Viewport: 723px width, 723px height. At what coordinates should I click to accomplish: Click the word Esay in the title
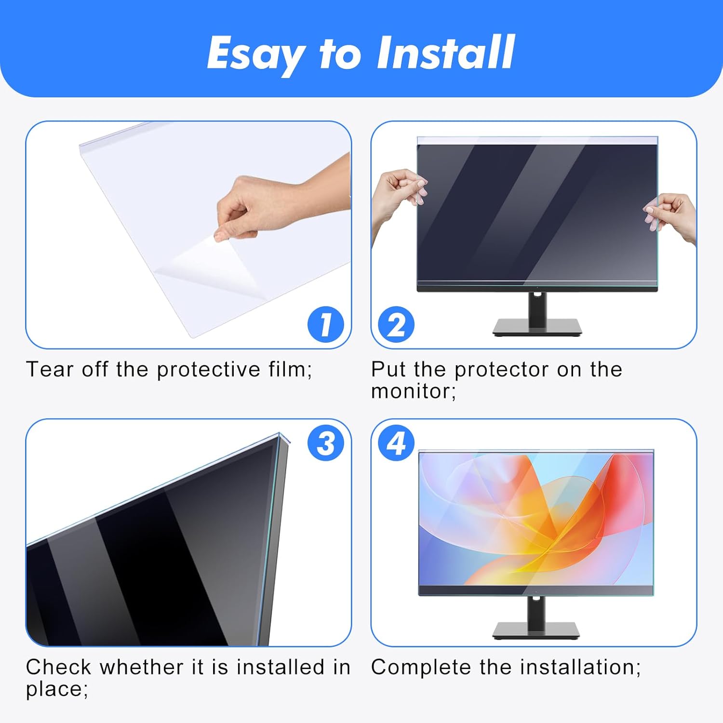pos(255,54)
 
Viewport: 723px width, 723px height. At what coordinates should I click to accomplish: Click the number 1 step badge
pos(326,324)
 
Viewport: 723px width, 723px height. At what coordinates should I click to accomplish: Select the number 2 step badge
pos(396,324)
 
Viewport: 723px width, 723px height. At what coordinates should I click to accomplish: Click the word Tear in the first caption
pos(50,370)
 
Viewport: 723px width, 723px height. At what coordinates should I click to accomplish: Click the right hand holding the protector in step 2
pos(670,214)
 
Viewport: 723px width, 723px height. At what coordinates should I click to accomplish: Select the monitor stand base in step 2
pos(537,327)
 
